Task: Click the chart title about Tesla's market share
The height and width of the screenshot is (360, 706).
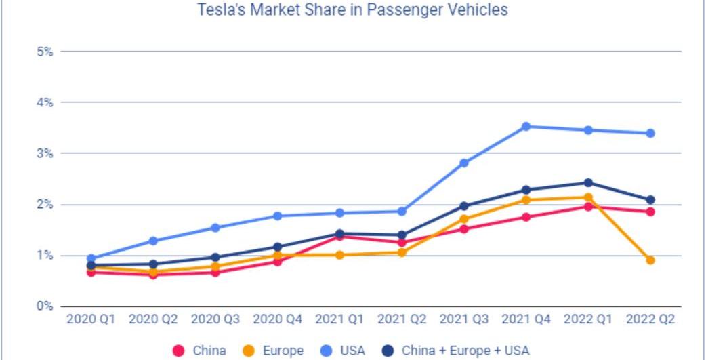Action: click(352, 10)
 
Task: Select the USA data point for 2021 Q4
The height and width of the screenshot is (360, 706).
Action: click(526, 126)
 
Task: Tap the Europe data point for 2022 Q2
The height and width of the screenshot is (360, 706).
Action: click(650, 260)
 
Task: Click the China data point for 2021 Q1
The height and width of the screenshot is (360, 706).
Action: click(339, 236)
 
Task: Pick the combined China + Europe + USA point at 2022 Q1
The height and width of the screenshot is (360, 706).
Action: click(588, 182)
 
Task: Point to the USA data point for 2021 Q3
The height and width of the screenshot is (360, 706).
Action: click(463, 163)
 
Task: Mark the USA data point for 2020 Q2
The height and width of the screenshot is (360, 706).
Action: click(153, 241)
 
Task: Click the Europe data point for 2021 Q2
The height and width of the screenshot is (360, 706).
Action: click(401, 252)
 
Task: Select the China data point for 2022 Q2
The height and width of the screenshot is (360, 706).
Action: click(650, 212)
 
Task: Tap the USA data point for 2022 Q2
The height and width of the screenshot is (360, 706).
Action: click(650, 133)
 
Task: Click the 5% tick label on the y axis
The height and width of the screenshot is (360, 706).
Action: click(45, 52)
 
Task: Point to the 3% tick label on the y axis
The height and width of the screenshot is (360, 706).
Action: click(45, 153)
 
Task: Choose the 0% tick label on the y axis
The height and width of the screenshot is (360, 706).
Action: click(45, 306)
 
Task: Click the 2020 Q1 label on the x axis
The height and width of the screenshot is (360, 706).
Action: click(91, 319)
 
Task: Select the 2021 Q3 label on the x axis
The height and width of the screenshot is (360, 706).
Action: click(463, 319)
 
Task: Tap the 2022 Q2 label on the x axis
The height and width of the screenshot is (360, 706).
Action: click(650, 319)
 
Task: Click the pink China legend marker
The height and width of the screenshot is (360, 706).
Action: click(179, 351)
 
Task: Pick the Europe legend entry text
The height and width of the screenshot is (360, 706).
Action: click(283, 351)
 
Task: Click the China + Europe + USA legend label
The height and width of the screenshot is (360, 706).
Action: click(465, 351)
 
